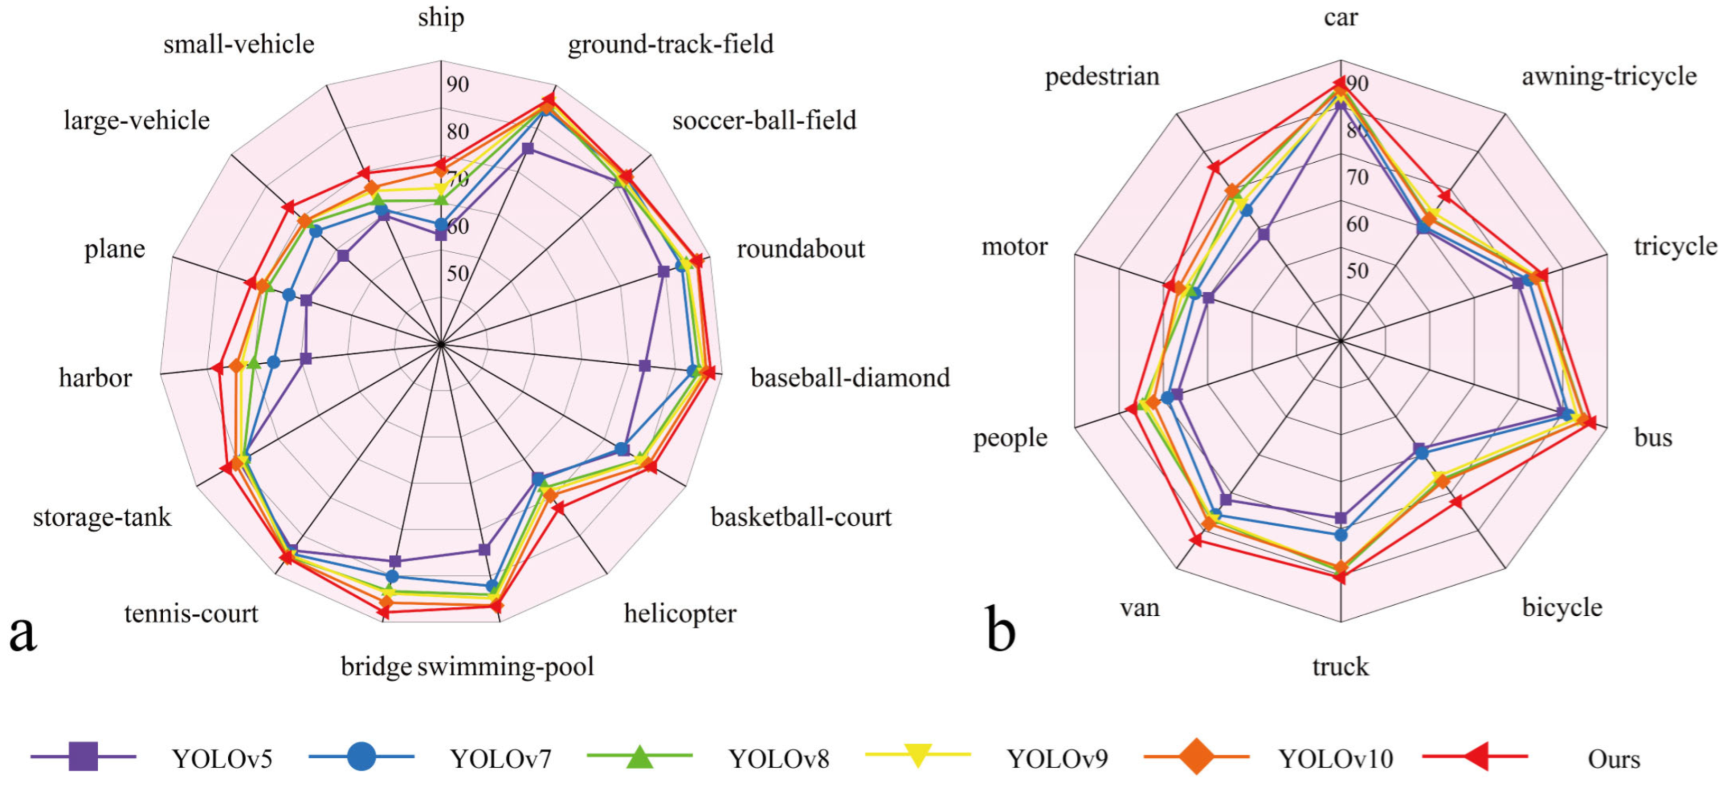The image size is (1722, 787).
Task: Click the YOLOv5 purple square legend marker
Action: click(83, 756)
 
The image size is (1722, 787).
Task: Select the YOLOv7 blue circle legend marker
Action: click(361, 756)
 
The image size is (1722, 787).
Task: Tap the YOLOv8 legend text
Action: click(778, 759)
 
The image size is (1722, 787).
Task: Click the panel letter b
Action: click(1001, 629)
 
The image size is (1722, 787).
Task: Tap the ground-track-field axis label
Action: click(671, 44)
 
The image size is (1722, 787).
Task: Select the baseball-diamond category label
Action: click(850, 378)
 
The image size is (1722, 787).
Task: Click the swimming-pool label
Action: click(505, 666)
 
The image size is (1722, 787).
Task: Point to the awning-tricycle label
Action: click(1609, 76)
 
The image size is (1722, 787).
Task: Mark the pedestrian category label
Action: click(1102, 76)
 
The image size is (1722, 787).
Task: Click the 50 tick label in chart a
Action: click(458, 273)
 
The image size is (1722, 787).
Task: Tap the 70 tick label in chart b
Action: click(1357, 177)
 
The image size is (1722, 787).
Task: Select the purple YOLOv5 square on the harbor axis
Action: click(305, 359)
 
